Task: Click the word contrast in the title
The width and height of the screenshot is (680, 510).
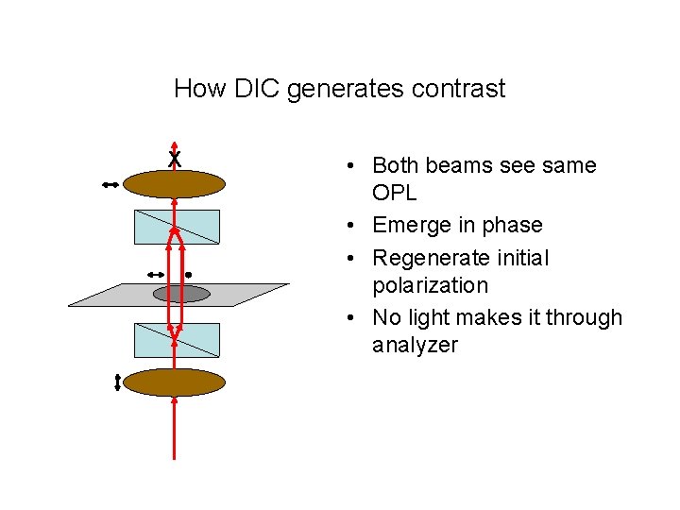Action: pos(461,89)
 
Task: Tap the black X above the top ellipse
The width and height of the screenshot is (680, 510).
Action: pos(175,160)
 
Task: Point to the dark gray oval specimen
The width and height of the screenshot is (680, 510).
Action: pos(180,294)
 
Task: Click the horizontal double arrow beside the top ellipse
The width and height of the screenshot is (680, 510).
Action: pos(110,186)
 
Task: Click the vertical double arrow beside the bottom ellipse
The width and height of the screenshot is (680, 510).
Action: pos(117,382)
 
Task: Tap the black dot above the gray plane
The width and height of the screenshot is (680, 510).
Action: pos(188,274)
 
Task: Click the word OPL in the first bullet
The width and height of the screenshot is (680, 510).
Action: pos(396,193)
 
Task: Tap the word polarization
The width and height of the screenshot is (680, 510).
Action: pos(430,285)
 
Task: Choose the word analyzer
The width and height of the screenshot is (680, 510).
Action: pos(415,346)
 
